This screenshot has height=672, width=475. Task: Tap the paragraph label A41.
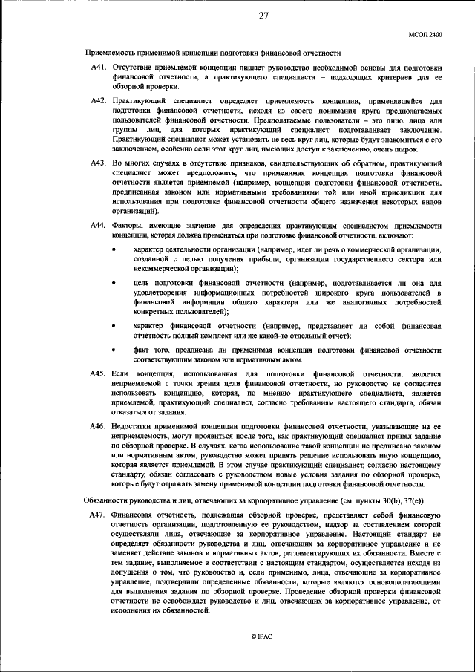(x=98, y=68)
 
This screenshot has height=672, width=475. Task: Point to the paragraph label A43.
(x=98, y=163)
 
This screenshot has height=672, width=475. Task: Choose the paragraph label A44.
(x=98, y=225)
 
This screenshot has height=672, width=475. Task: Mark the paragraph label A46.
(x=98, y=427)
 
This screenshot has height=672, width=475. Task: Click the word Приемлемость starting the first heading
(x=111, y=53)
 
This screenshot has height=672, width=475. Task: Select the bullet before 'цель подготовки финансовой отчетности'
(x=113, y=284)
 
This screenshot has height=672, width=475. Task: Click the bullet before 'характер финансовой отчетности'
(x=113, y=327)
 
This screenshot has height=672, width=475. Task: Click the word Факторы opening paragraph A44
(x=127, y=225)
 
